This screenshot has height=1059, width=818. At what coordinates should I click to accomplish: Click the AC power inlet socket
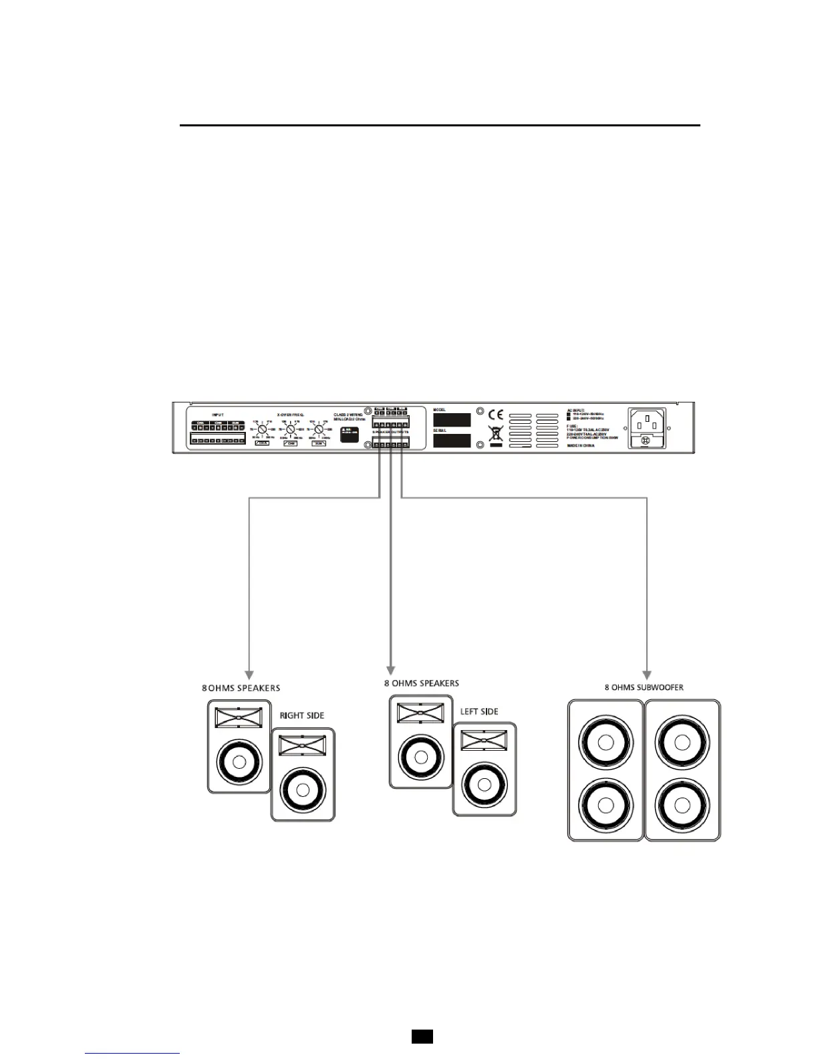[646, 422]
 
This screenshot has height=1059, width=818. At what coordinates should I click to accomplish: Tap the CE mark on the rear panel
[495, 415]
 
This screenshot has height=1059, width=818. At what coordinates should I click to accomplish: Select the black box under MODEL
[451, 420]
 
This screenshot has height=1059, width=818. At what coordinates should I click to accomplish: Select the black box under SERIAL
[451, 441]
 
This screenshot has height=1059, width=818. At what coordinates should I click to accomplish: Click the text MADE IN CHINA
[580, 445]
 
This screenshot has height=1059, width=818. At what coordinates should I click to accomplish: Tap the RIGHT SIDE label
[301, 715]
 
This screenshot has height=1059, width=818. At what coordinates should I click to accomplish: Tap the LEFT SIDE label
[479, 711]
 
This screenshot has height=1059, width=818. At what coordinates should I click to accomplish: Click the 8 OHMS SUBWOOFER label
[644, 687]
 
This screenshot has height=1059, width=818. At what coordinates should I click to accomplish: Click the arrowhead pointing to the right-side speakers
[249, 675]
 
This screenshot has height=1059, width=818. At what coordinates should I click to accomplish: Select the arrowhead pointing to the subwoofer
[647, 674]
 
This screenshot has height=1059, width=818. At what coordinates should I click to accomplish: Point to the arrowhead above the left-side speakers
[390, 671]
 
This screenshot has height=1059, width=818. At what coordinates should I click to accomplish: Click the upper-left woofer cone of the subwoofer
[605, 743]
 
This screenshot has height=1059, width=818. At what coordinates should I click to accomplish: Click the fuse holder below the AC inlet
[646, 441]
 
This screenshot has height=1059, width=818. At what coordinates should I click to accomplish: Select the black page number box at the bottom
[422, 1036]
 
